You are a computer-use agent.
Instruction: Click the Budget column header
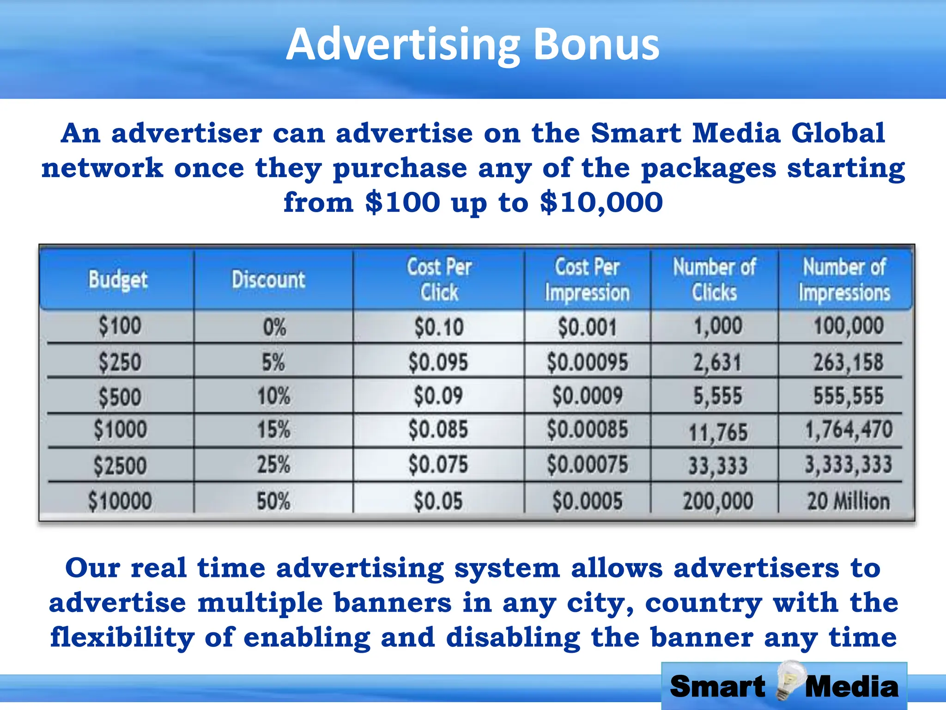point(118,280)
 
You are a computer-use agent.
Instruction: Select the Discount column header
point(268,280)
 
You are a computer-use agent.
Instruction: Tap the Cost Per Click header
point(439,280)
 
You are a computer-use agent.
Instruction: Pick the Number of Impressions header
point(844,280)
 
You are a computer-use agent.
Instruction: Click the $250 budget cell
point(120,362)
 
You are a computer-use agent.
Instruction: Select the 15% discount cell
point(273,430)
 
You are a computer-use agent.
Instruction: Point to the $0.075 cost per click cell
point(438,465)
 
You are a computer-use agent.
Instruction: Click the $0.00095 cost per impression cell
point(587,362)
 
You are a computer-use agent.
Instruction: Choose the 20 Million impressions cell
point(848,501)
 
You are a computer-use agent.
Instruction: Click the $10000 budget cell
point(120,501)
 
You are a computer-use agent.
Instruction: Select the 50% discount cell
point(273,501)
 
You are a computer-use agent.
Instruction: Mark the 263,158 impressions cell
point(848,362)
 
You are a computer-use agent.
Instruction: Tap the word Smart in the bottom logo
point(717,687)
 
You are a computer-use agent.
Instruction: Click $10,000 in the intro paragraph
point(601,202)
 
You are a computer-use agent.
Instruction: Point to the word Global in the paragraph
point(838,133)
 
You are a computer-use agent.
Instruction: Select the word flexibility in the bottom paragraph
point(122,638)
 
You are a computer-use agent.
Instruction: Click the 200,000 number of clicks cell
point(718,501)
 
